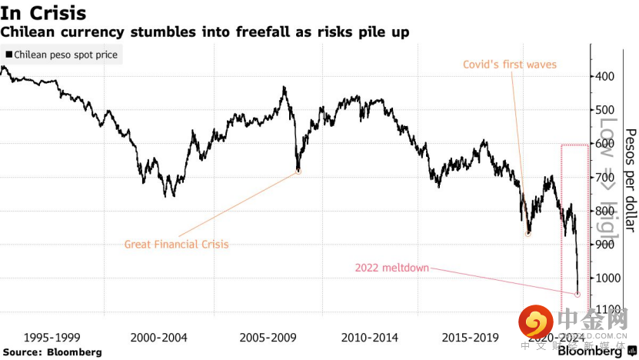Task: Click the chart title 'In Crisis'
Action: pos(44,13)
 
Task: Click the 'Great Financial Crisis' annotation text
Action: pos(177,245)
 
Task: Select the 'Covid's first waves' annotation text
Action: pos(510,65)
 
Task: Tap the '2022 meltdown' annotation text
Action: pos(391,268)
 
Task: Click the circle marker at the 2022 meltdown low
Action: pos(577,294)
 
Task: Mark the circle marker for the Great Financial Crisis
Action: pos(298,171)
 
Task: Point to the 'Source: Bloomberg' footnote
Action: pos(52,352)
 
